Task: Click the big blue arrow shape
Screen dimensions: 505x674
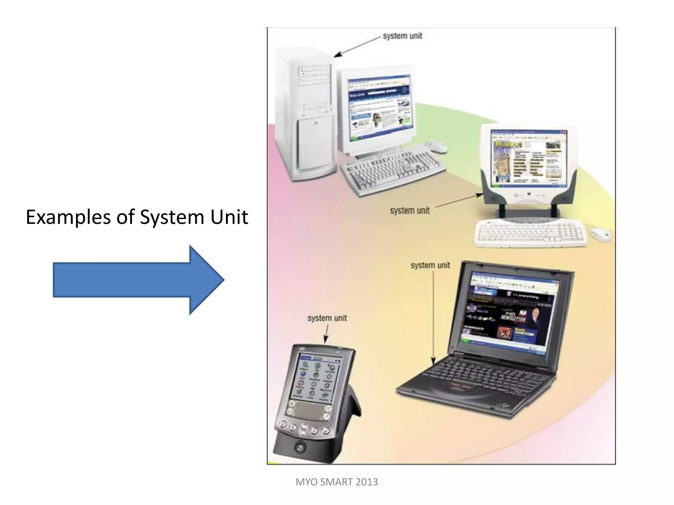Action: pyautogui.click(x=138, y=280)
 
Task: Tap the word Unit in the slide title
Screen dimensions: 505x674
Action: pyautogui.click(x=229, y=217)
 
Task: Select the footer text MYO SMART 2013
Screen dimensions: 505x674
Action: pyautogui.click(x=337, y=482)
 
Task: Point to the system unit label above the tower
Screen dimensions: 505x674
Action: pyautogui.click(x=402, y=36)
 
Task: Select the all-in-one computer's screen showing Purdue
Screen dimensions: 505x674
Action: pyautogui.click(x=529, y=156)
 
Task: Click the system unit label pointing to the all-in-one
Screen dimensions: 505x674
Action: pyautogui.click(x=410, y=210)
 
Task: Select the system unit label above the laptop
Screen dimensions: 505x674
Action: pyautogui.click(x=430, y=265)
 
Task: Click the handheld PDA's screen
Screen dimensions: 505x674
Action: pyautogui.click(x=316, y=378)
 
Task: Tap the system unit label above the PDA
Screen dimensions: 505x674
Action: pyautogui.click(x=327, y=318)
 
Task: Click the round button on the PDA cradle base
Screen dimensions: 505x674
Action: pyautogui.click(x=299, y=447)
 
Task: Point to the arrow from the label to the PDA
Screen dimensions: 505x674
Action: pyautogui.click(x=326, y=334)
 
